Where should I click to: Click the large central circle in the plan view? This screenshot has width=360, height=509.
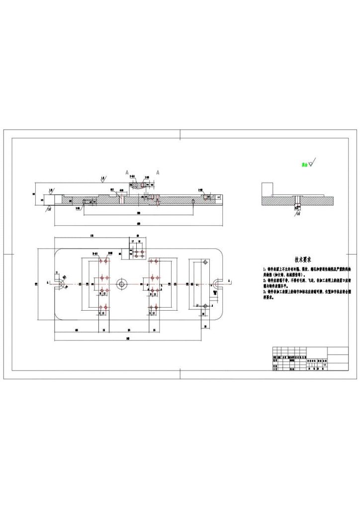[121, 284]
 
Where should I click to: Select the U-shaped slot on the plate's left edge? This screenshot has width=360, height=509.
[60, 283]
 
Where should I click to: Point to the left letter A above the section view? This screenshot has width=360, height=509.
[127, 172]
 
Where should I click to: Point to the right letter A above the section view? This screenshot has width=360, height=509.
[158, 172]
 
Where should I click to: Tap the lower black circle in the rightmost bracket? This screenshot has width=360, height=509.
[204, 306]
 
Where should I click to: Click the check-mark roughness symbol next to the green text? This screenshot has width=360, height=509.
[312, 163]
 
